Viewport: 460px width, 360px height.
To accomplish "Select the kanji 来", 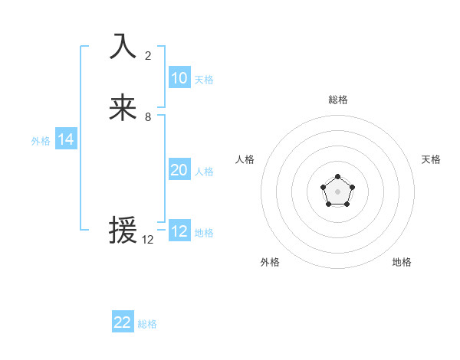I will pos(123,108).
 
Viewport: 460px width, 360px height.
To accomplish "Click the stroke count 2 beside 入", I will pos(148,55).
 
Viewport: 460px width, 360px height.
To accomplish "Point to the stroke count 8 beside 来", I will pos(148,117).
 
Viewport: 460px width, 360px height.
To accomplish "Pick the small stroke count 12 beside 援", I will pos(148,239).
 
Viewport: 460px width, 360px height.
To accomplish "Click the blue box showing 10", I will pos(179,77).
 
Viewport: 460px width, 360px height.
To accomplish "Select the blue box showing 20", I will pos(179,170).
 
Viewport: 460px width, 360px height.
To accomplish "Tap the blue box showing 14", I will pos(66,139).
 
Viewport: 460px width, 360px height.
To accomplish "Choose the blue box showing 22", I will pos(123,322).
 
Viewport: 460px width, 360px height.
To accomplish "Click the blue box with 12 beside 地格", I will pos(179,231).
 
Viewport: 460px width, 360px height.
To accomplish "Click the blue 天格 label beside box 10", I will pos(204,80).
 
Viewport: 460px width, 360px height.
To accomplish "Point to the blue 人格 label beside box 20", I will pos(204,172).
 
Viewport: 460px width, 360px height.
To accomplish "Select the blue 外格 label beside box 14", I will pos(41,141).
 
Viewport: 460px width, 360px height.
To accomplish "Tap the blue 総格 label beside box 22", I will pos(147,324).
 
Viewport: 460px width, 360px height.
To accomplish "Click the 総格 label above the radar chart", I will pos(338,100).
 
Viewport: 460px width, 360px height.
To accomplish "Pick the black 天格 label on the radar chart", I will pos(431,159).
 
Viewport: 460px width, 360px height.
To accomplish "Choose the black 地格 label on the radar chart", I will pos(402,262).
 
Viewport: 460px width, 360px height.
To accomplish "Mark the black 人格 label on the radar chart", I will pos(245,159).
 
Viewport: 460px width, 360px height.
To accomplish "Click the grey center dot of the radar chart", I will pos(337,190).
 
